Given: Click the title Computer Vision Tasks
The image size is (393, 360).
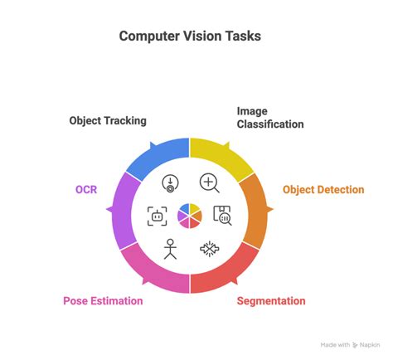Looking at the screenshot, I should click(x=189, y=36).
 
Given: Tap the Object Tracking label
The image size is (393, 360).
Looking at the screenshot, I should click(x=108, y=120).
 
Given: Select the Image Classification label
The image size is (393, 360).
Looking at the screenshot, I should click(x=269, y=117).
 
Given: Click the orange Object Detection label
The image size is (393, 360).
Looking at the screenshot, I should click(x=323, y=190).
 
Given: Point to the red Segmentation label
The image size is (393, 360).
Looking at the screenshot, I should click(x=271, y=300).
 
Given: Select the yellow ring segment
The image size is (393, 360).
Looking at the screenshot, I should click(x=224, y=157).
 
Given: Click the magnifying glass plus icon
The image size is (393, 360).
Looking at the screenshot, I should click(x=209, y=182).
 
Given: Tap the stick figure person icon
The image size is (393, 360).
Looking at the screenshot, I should click(x=170, y=248).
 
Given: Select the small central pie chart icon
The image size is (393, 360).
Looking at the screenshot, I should click(x=190, y=215).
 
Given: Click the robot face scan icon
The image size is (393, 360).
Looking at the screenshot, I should click(x=157, y=216).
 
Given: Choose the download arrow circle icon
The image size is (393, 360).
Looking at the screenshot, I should click(x=171, y=183).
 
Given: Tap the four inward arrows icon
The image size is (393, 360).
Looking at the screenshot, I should click(x=209, y=248).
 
